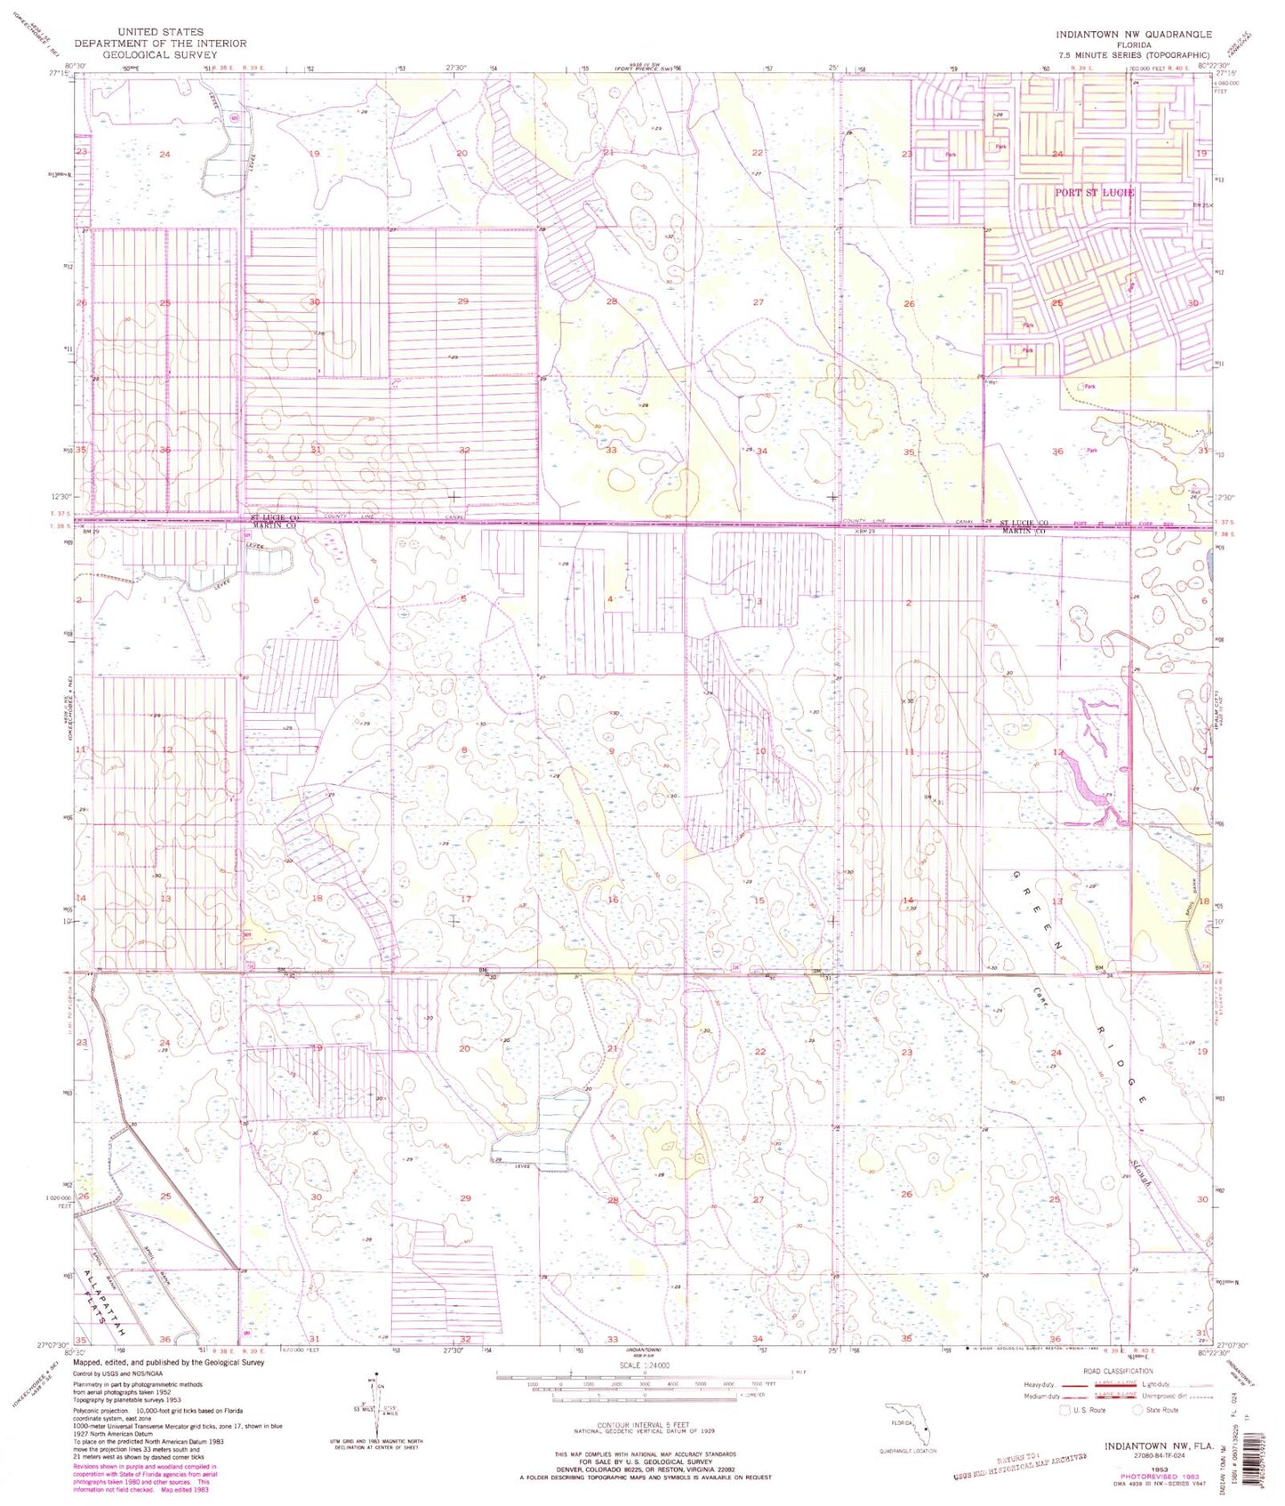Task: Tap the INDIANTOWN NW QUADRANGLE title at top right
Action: (1133, 34)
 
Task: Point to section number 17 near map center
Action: (465, 900)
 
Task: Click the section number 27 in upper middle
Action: (758, 302)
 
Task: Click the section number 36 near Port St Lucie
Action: (1056, 452)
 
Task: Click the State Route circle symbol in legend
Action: (1137, 1410)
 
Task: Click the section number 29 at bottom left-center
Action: (465, 1198)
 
